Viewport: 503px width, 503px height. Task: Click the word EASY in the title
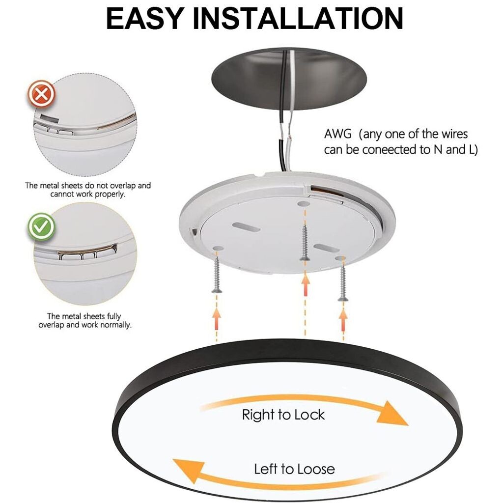pyautogui.click(x=145, y=18)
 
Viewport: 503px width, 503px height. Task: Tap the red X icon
pyautogui.click(x=41, y=94)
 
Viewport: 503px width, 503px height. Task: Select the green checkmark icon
pyautogui.click(x=41, y=227)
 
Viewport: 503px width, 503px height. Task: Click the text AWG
pyautogui.click(x=337, y=134)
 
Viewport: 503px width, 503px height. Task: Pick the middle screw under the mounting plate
pyautogui.click(x=305, y=243)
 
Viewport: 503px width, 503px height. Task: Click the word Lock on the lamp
pyautogui.click(x=309, y=415)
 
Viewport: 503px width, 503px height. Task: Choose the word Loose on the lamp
pyautogui.click(x=314, y=469)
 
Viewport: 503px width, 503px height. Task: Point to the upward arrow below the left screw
pyautogui.click(x=217, y=318)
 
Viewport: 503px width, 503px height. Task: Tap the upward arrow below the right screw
pyautogui.click(x=343, y=319)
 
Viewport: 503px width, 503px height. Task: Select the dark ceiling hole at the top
pyautogui.click(x=289, y=79)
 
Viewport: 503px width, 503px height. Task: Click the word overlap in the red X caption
pyautogui.click(x=123, y=185)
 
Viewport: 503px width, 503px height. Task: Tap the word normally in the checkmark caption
pyautogui.click(x=115, y=325)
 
